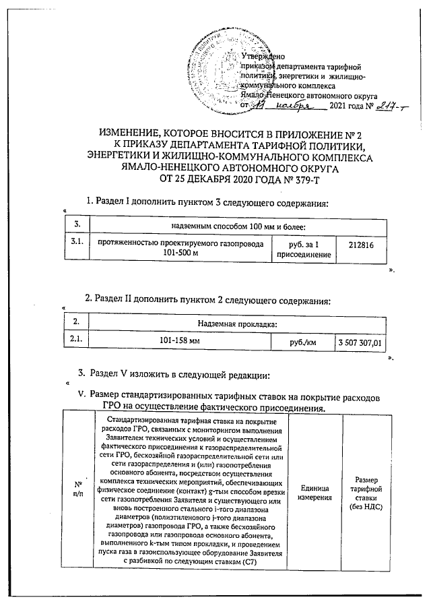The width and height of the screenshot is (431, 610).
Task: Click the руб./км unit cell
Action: (302, 343)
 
